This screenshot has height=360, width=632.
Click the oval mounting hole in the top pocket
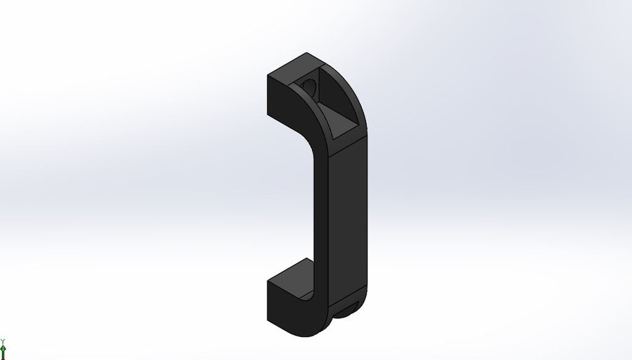(308, 86)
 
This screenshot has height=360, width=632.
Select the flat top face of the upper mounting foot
(294, 67)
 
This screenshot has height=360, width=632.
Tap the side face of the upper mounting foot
(282, 99)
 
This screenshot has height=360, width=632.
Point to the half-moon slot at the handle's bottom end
(348, 309)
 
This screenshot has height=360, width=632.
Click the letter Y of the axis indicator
(3, 341)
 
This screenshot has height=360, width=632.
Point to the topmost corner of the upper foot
(305, 53)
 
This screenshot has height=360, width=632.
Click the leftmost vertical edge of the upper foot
(268, 95)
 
